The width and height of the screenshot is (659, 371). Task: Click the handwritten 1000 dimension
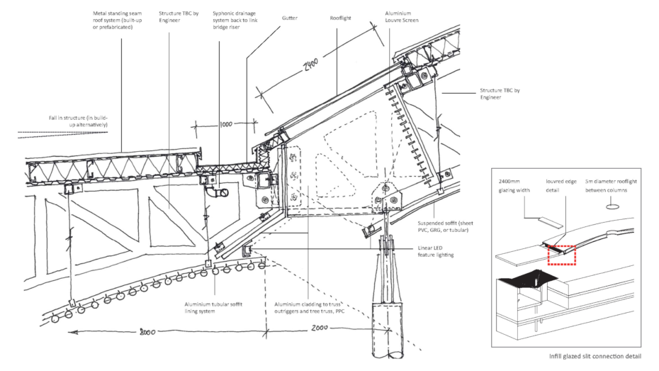(x=225, y=125)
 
